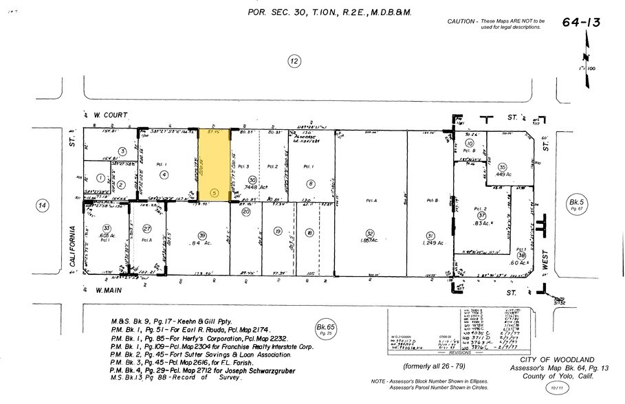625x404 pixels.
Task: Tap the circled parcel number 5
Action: coord(215,194)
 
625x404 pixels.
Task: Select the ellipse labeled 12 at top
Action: coord(294,62)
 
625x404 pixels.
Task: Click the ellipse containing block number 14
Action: coord(42,205)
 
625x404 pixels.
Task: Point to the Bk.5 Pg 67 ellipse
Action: coord(575,204)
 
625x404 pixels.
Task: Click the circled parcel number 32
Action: coord(369,234)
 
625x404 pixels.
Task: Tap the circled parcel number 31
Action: coord(430,234)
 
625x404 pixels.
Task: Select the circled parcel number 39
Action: coord(202,234)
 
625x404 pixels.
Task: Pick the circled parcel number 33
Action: coord(107,228)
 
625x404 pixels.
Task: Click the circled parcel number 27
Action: coord(147,228)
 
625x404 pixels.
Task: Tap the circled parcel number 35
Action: coord(503,168)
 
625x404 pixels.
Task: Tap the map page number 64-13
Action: coord(582,23)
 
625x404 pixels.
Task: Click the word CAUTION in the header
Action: coord(462,22)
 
